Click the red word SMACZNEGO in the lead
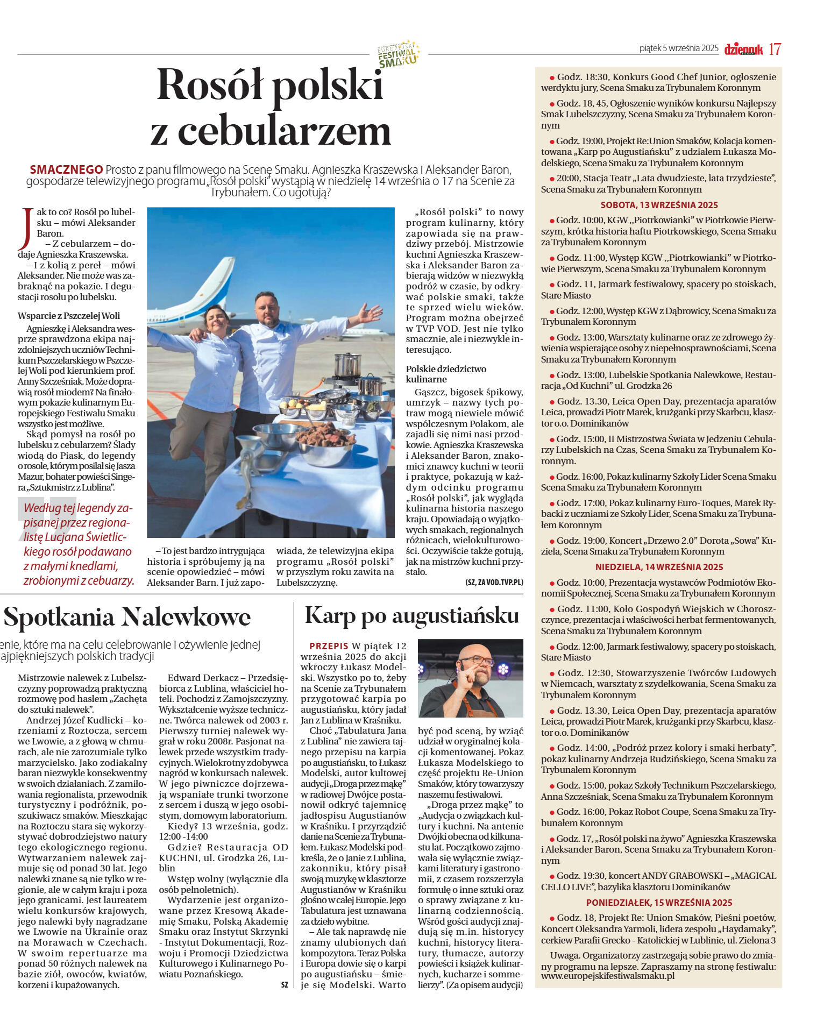[x=66, y=169]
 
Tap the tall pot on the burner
[x=347, y=365]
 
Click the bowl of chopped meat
[x=326, y=436]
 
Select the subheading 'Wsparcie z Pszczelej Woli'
[x=69, y=316]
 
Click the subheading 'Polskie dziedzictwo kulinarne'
[x=446, y=374]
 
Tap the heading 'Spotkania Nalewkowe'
[x=127, y=617]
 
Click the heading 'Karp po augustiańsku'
[x=411, y=615]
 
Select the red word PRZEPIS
[x=329, y=645]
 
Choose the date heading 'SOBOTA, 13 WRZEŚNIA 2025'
[x=659, y=205]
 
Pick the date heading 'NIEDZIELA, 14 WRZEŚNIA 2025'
[x=659, y=567]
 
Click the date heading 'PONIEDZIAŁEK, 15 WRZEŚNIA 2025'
[x=659, y=903]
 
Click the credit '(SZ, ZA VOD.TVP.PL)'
[x=494, y=583]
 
